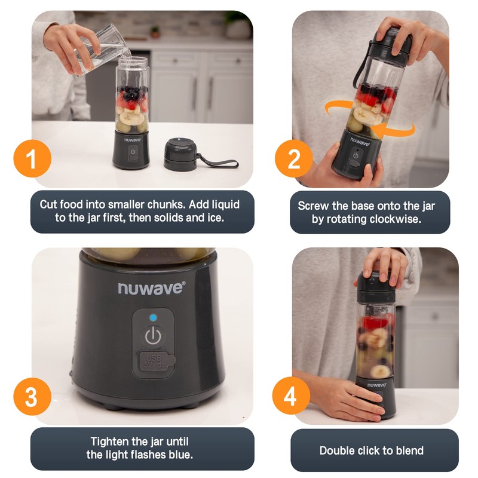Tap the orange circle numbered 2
[293, 160]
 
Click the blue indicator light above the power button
[153, 318]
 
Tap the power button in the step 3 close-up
[153, 336]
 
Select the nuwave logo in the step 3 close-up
[152, 289]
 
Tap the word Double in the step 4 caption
[338, 451]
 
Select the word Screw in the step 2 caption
[312, 206]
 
